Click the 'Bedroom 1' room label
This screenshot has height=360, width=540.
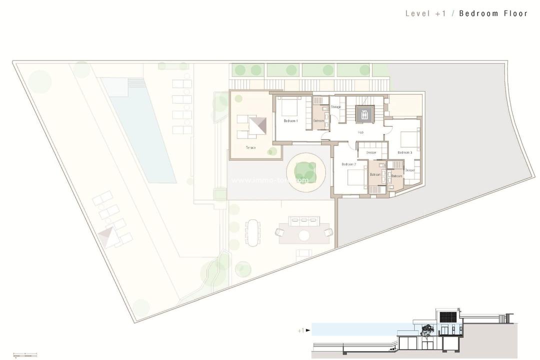290,121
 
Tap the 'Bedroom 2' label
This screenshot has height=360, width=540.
348,164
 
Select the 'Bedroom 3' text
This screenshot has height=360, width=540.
404,152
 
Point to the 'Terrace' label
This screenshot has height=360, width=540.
251,147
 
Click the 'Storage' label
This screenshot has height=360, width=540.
335,107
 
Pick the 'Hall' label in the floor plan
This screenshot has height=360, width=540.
360,132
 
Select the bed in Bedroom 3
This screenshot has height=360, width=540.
409,137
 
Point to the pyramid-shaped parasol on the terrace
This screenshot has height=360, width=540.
258,125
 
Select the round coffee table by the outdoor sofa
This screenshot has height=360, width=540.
304,235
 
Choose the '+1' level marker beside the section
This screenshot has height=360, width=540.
301,330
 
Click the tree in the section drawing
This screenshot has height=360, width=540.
427,330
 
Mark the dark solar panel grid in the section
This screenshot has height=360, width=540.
446,317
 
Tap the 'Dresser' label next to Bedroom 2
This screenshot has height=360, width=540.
371,152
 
